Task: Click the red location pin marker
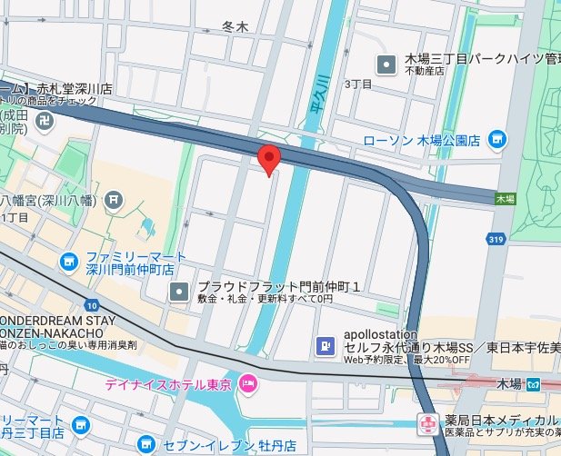(x=268, y=159)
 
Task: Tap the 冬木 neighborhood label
(x=235, y=28)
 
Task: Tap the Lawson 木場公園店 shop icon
(x=496, y=139)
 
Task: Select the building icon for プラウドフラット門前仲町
(x=179, y=292)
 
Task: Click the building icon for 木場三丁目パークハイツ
(x=386, y=64)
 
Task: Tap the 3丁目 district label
(x=360, y=84)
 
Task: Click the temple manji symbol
(x=19, y=119)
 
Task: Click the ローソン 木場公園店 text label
(x=421, y=140)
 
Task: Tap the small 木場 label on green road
(x=505, y=197)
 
